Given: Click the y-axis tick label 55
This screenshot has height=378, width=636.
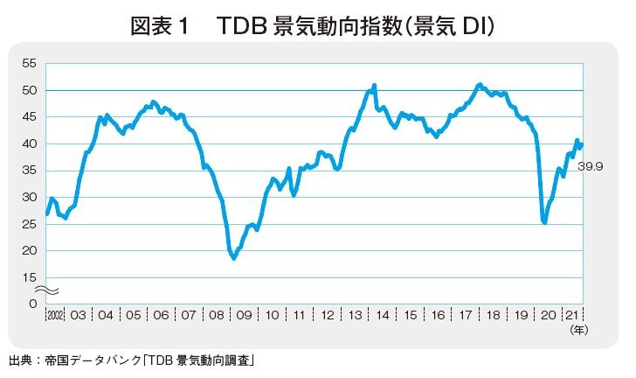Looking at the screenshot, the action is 29,63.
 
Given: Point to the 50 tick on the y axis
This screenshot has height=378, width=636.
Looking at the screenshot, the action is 29,90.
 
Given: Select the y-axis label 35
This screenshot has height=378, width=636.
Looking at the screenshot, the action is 29,171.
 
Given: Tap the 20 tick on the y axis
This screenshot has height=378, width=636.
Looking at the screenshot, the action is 29,251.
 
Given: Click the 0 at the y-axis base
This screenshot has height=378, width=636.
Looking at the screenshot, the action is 33,304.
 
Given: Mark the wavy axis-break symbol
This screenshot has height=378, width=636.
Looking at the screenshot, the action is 46,290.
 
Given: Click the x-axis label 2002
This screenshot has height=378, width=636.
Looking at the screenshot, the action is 55,315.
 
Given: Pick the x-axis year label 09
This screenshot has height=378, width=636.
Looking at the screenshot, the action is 245,315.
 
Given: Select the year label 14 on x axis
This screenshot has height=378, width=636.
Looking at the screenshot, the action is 383,315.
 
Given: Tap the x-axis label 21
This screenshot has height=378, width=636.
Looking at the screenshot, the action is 572,315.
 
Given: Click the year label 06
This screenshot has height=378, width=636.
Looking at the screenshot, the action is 161,315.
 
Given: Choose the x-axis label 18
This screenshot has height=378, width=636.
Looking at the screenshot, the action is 494,315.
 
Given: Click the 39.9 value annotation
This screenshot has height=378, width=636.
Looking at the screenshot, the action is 591,166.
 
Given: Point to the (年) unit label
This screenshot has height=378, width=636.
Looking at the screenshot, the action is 579,330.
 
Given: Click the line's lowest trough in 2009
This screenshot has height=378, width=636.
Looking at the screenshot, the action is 233,258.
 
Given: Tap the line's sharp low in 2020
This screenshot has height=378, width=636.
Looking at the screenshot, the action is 544,222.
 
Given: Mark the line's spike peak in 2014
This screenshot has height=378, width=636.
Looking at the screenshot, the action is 375,85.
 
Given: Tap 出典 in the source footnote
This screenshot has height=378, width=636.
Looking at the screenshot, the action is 20,360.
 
